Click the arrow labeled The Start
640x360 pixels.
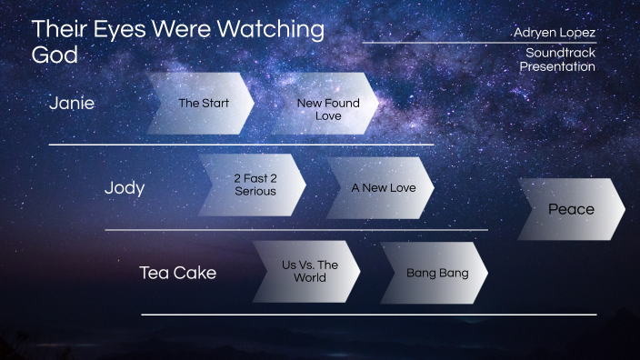(x=202, y=104)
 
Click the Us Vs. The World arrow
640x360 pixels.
(x=308, y=271)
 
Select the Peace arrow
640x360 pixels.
(x=571, y=210)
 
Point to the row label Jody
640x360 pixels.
(x=125, y=188)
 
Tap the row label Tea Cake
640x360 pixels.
(x=177, y=273)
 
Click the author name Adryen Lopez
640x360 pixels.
(x=555, y=33)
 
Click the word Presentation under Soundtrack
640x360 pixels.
(x=557, y=66)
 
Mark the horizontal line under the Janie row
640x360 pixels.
(x=241, y=145)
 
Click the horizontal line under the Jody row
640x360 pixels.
(x=295, y=230)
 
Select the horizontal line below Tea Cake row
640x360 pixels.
(x=368, y=315)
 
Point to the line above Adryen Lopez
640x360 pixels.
(x=479, y=43)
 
